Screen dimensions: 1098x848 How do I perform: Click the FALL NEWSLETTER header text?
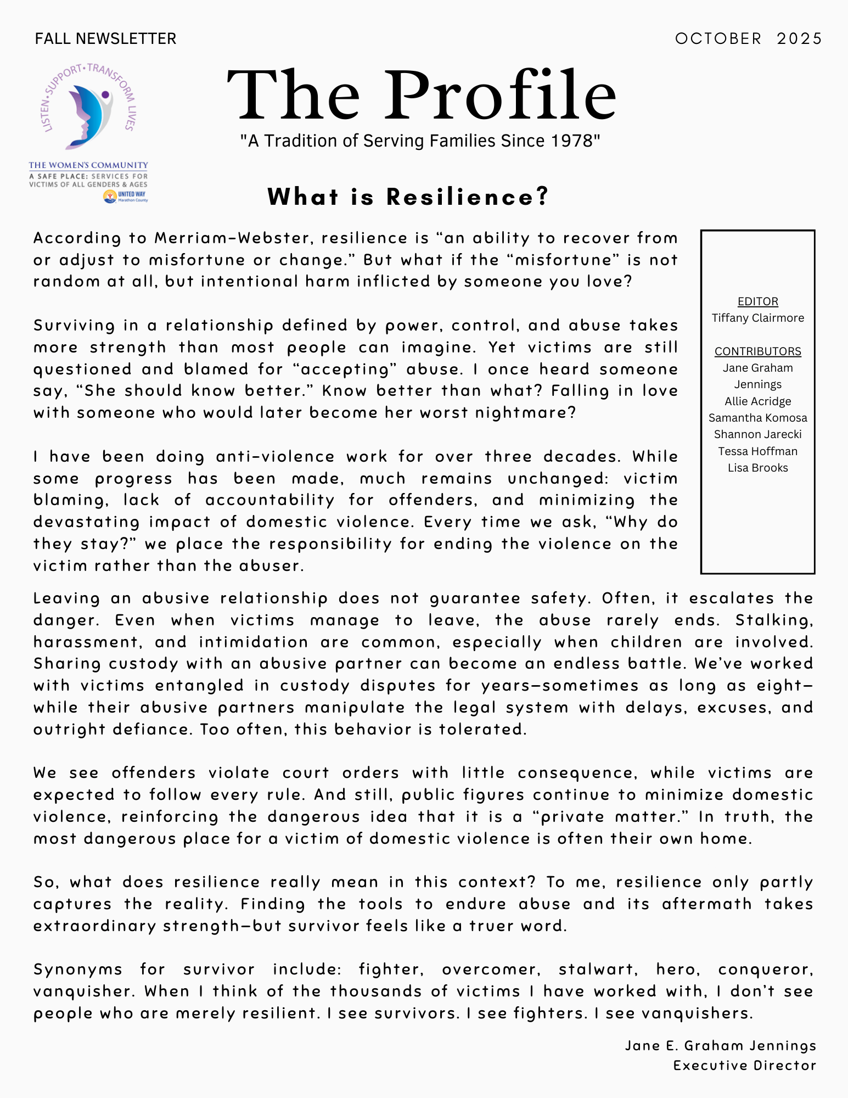(105, 38)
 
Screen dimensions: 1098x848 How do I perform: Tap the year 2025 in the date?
(799, 38)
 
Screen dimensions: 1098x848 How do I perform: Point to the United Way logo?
(126, 197)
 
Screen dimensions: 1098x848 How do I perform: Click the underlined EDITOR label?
(757, 301)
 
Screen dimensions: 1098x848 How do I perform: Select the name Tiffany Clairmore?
(757, 318)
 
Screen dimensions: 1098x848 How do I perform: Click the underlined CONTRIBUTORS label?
(757, 351)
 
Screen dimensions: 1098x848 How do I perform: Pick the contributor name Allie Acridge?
(757, 401)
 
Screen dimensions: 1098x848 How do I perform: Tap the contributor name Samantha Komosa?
(757, 418)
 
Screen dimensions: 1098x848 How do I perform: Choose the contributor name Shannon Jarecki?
(757, 434)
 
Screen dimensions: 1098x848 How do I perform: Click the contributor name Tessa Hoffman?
(757, 451)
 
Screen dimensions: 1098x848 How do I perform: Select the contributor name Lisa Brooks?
(757, 468)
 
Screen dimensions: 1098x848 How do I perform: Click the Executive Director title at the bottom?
(744, 1066)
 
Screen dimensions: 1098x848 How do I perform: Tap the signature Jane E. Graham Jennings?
(720, 1046)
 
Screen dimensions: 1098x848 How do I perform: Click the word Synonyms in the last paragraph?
(78, 970)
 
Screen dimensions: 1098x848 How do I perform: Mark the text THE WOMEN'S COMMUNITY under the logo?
(88, 165)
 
